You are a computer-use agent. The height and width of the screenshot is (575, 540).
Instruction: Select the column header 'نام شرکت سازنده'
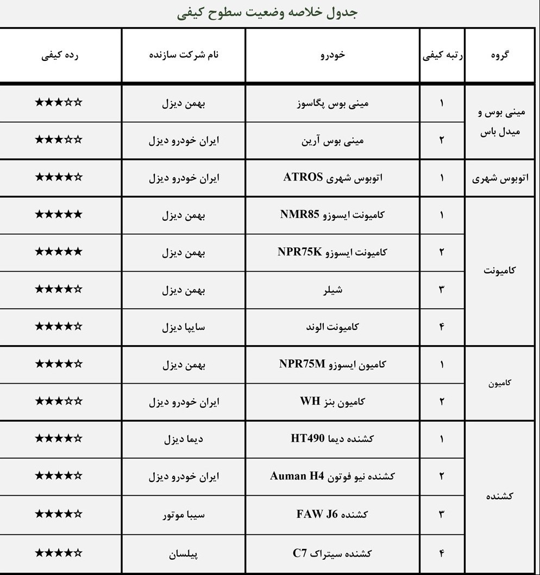point(184,55)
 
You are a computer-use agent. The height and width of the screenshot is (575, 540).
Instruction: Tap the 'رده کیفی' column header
point(60,55)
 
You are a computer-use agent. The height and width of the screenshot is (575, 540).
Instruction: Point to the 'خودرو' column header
point(333,55)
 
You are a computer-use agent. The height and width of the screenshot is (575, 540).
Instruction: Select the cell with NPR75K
point(299,252)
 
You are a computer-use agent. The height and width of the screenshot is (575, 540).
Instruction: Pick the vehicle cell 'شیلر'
point(332,290)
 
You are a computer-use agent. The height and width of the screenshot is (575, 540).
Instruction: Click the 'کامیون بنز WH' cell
point(332,402)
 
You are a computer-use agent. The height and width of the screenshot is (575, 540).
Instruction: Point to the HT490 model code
point(310,439)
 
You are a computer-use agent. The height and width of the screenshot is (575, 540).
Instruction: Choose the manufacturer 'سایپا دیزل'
point(184,327)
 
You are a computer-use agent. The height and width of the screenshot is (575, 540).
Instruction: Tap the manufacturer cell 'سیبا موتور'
point(184,514)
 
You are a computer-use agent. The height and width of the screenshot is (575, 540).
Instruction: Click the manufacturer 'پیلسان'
point(184,554)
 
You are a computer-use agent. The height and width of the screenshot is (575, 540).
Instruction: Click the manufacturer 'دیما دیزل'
point(184,439)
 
